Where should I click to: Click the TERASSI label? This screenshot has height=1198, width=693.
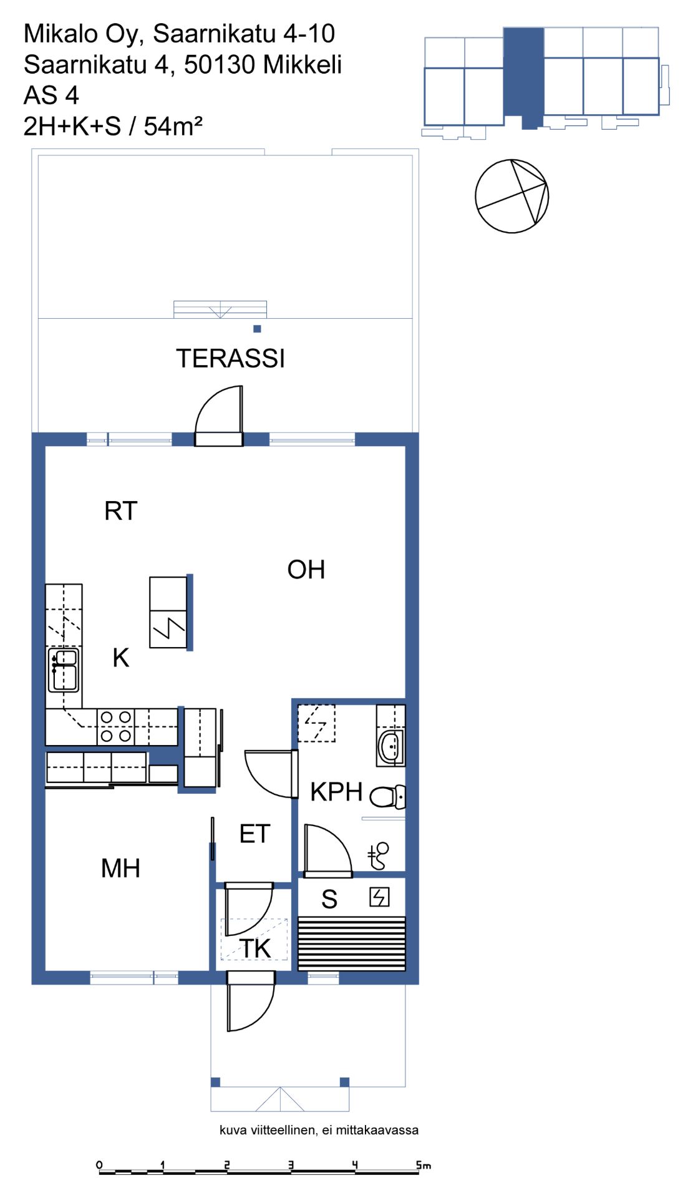tap(230, 359)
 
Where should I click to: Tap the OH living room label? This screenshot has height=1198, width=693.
tap(306, 570)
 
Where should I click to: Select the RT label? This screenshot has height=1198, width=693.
tap(120, 511)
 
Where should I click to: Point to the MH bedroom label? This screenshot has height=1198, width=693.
tap(120, 869)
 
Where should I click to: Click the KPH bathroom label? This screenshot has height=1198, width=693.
tap(336, 792)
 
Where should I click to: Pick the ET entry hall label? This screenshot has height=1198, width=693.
tap(254, 834)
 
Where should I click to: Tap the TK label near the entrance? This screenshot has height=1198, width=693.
tap(256, 949)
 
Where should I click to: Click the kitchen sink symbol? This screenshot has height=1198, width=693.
tap(64, 670)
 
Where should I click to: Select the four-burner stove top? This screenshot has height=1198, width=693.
tap(116, 727)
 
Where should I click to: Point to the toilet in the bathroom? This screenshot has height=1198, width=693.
tap(387, 797)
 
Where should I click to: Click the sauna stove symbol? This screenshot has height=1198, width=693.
tap(379, 897)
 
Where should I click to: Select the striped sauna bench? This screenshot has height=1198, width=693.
tap(352, 943)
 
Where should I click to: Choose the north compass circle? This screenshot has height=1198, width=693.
tap(511, 197)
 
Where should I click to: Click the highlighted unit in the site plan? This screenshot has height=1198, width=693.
tap(523, 75)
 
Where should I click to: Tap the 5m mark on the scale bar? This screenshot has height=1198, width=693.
tap(424, 1165)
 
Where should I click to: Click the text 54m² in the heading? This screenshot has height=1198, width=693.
tap(173, 126)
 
